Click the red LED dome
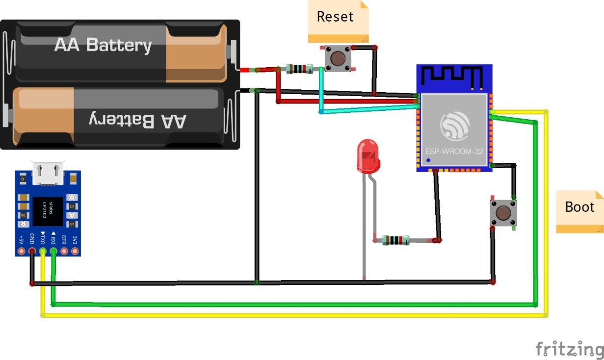pyautogui.click(x=368, y=156)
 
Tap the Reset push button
pyautogui.click(x=338, y=58)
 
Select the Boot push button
pyautogui.click(x=503, y=213)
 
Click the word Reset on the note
pyautogui.click(x=335, y=17)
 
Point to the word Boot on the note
pyautogui.click(x=579, y=207)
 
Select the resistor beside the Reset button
pyautogui.click(x=298, y=69)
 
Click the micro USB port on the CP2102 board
pyautogui.click(x=48, y=174)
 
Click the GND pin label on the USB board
pyautogui.click(x=32, y=239)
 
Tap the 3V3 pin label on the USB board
pyautogui.click(x=75, y=240)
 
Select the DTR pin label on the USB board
pyautogui.click(x=64, y=240)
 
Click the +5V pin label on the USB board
pyautogui.click(x=21, y=240)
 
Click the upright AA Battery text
pyautogui.click(x=103, y=45)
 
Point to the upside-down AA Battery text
pyautogui.click(x=138, y=120)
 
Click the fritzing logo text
pyautogui.click(x=569, y=349)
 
